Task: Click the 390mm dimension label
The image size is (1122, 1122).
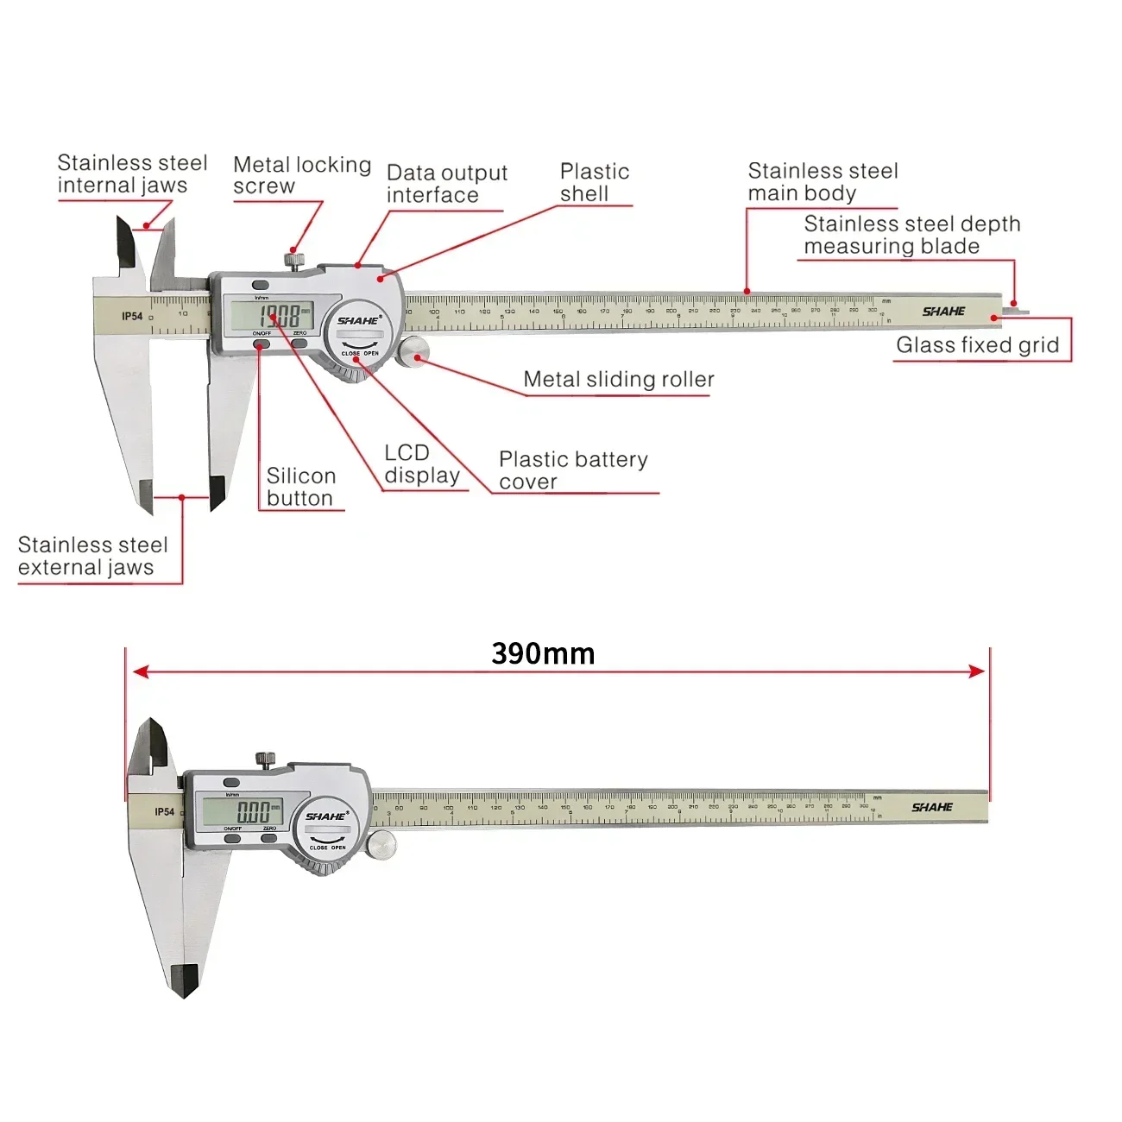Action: coord(543,653)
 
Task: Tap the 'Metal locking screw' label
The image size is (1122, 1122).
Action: coord(301,175)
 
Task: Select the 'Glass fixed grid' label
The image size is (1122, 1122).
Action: coord(977,345)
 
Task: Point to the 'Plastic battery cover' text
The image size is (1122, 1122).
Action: coord(573,470)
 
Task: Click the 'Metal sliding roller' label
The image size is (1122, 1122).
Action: coord(619,380)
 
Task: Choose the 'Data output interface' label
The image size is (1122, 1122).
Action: coord(446,184)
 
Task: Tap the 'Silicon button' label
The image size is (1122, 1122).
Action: coord(300,487)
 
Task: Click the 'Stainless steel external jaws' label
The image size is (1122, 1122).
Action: coord(92,556)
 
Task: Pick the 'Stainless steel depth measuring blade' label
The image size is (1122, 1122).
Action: coord(911,235)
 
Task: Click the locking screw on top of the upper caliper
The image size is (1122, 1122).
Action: coord(295,258)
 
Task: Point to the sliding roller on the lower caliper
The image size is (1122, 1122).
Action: coord(381,845)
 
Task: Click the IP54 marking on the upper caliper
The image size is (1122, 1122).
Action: coord(132,317)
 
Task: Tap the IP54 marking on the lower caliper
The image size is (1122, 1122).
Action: coord(164,812)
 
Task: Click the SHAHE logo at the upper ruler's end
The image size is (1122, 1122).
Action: coord(943,312)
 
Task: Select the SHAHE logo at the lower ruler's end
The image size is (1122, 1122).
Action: coord(932,808)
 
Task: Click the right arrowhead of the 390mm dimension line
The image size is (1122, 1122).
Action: coord(977,671)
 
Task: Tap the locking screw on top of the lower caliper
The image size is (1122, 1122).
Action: coord(266,759)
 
